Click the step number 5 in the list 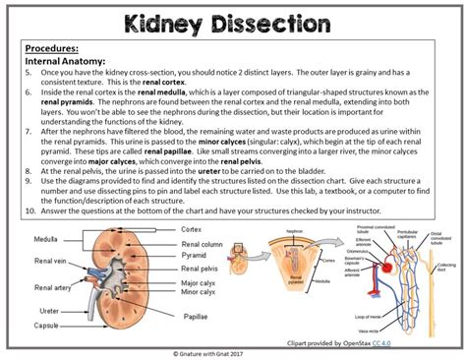coord(30,71)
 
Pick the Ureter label coord(45,310)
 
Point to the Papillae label coord(196,316)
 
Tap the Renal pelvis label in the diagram coord(202,268)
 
